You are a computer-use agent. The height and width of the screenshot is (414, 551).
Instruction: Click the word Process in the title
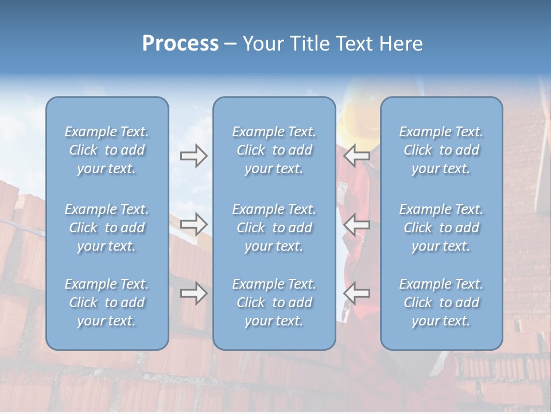180,43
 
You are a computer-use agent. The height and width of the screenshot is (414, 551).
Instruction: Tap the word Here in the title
400,43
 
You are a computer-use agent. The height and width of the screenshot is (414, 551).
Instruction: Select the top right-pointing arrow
194,156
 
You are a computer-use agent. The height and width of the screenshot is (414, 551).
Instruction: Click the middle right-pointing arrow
194,224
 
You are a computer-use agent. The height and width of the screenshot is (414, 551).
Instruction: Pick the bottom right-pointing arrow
194,293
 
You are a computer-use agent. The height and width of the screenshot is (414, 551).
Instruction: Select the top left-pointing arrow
356,156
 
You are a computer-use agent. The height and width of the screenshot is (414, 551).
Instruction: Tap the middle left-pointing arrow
356,224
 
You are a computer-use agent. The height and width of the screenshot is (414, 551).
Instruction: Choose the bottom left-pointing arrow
356,293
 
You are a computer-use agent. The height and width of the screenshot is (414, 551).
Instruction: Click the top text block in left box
107,150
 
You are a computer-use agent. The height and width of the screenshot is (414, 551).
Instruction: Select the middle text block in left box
107,228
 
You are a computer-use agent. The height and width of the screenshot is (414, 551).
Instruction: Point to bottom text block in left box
107,302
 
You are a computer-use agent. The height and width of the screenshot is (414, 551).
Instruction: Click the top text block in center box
274,150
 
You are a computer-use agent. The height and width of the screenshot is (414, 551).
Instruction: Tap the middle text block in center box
274,228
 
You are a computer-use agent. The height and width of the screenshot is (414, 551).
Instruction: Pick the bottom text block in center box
274,302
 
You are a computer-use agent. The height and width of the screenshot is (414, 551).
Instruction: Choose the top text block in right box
441,150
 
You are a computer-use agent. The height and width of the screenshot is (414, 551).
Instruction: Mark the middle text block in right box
441,228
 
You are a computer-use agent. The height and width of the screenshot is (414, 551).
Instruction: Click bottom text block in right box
441,302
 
